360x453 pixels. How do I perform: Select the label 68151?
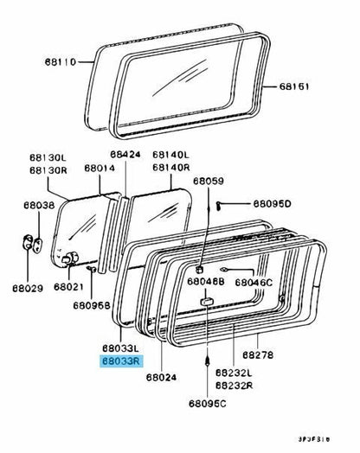297,86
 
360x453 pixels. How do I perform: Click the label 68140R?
170,167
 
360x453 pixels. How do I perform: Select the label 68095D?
273,204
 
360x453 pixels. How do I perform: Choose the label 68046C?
254,282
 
